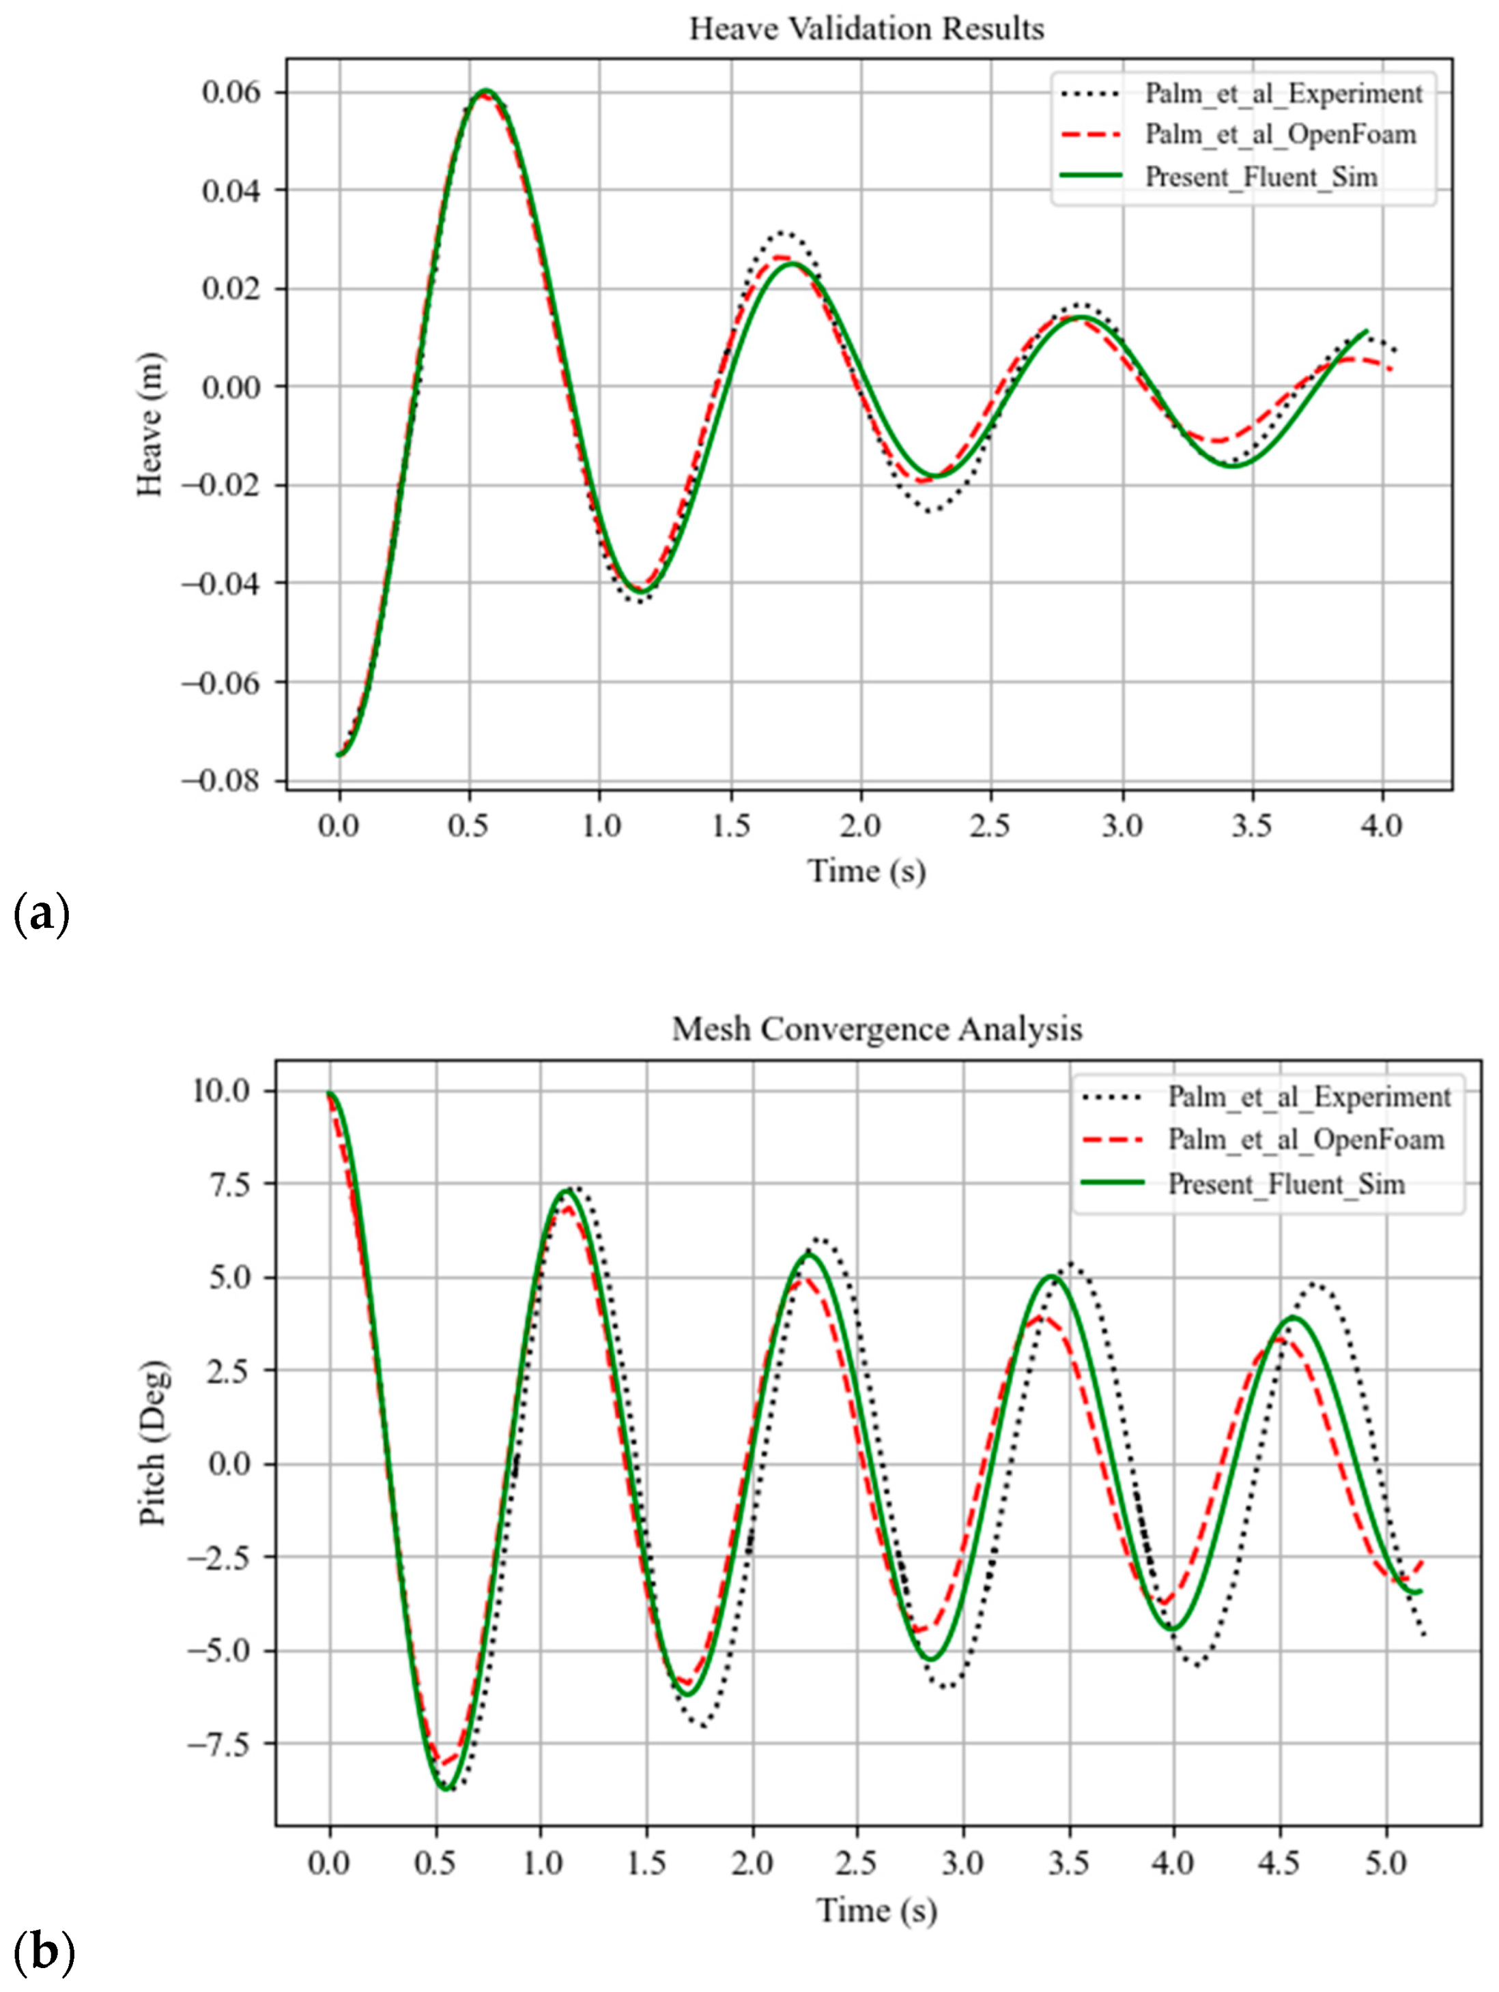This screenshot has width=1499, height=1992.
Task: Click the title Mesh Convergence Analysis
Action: [x=876, y=1029]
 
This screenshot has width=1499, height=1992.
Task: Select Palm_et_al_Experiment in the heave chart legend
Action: [x=1283, y=93]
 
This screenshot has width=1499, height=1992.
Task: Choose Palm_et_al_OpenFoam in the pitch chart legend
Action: [x=1305, y=1140]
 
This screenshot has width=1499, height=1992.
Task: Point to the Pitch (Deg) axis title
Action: [x=153, y=1444]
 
